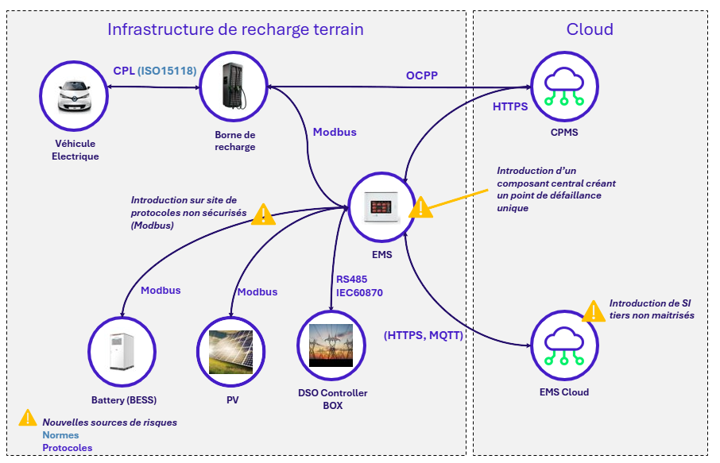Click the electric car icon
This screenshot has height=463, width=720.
(x=75, y=97)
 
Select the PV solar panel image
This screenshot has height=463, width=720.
(x=230, y=352)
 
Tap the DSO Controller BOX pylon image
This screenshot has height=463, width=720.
(x=331, y=345)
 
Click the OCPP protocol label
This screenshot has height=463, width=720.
(x=422, y=75)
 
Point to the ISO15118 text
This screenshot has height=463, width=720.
(x=167, y=71)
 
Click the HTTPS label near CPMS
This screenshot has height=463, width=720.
(x=510, y=106)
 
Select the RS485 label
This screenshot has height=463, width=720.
(x=351, y=279)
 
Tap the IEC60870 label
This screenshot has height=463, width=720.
(x=360, y=292)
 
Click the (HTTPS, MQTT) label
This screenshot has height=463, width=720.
(x=424, y=335)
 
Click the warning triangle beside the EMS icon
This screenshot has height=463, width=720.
(x=420, y=207)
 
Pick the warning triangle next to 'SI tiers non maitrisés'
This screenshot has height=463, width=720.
(x=594, y=311)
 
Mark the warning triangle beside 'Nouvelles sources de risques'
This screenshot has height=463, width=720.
(x=28, y=418)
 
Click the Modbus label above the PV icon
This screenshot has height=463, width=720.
(x=257, y=291)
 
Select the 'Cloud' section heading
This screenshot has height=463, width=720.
(x=590, y=29)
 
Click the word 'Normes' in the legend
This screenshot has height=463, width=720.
(x=60, y=435)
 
